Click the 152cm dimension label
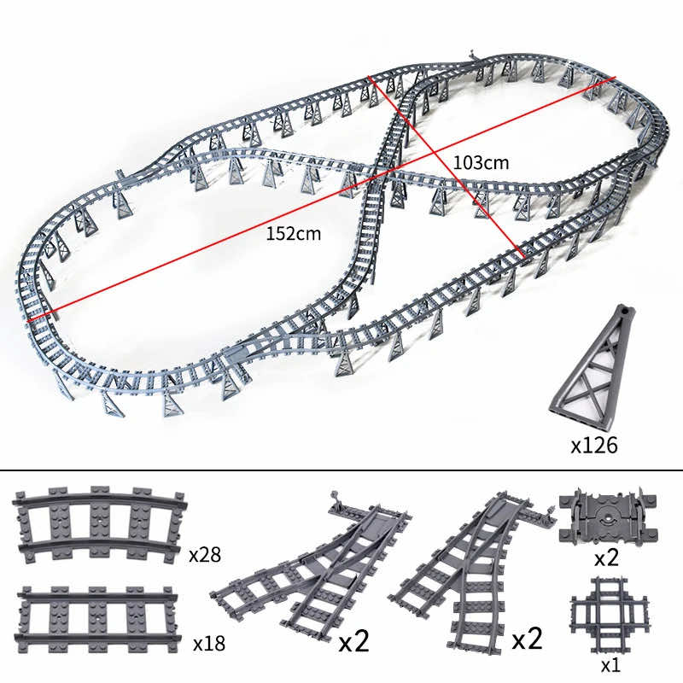click(293, 234)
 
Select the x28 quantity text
click(205, 555)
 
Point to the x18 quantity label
click(209, 641)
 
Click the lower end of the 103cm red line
click(522, 257)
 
